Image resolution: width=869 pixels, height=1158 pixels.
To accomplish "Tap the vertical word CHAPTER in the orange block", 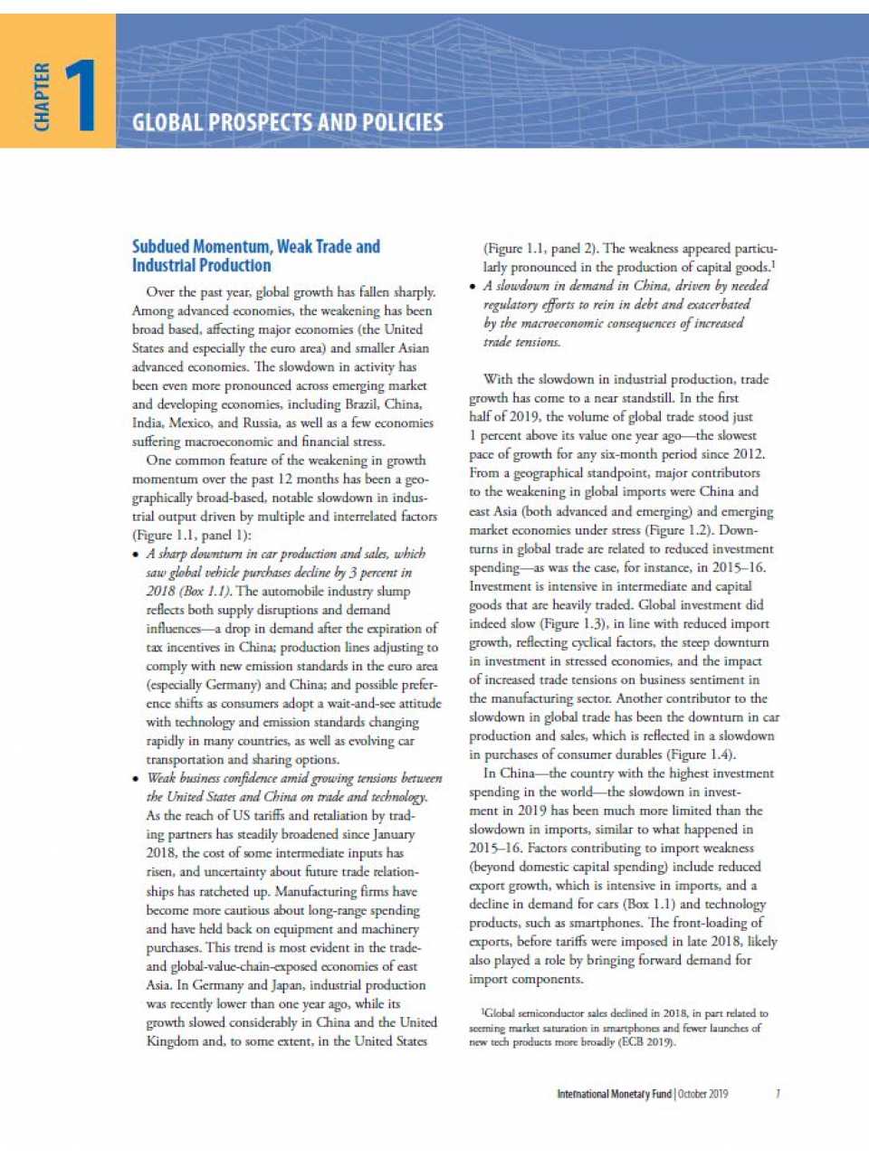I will pyautogui.click(x=42, y=97).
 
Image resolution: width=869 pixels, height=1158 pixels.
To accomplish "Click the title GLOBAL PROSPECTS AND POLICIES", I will pyautogui.click(x=287, y=123).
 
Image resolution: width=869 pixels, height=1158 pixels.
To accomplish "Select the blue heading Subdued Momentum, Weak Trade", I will pyautogui.click(x=255, y=247).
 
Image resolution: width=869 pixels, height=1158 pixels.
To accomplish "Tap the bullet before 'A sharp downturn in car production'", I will pyautogui.click(x=137, y=555).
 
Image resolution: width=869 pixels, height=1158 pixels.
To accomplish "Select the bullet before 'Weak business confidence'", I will pyautogui.click(x=137, y=779).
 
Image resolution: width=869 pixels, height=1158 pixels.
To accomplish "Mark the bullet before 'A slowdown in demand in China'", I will pyautogui.click(x=473, y=287).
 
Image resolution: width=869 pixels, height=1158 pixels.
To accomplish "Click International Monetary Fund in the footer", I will pyautogui.click(x=614, y=1094).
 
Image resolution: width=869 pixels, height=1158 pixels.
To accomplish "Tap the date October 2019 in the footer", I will pyautogui.click(x=703, y=1094).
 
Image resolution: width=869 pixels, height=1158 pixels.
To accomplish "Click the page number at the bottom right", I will pyautogui.click(x=778, y=1094).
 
